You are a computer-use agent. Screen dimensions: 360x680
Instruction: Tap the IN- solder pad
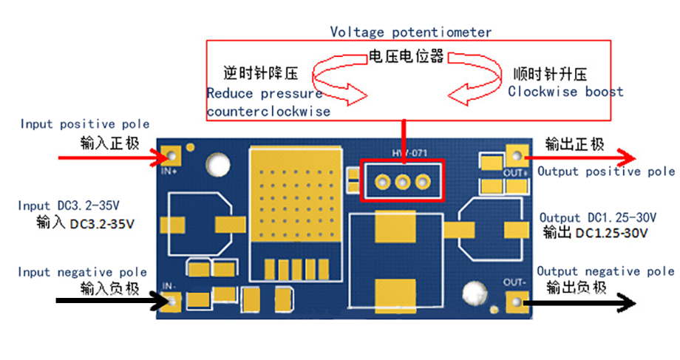pyautogui.click(x=172, y=301)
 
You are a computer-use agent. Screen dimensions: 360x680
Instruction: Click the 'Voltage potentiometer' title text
pyautogui.click(x=410, y=32)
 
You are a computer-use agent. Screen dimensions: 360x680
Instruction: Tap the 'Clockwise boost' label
pyautogui.click(x=565, y=92)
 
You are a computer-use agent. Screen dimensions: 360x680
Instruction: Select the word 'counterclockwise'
pyautogui.click(x=268, y=112)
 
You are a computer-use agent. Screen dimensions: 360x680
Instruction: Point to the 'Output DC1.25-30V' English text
pyautogui.click(x=598, y=218)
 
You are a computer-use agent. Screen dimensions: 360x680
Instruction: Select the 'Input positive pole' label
pyautogui.click(x=84, y=124)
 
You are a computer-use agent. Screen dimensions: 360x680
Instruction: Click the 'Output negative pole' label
pyautogui.click(x=605, y=271)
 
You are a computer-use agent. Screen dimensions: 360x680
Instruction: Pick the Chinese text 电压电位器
pyautogui.click(x=406, y=57)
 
